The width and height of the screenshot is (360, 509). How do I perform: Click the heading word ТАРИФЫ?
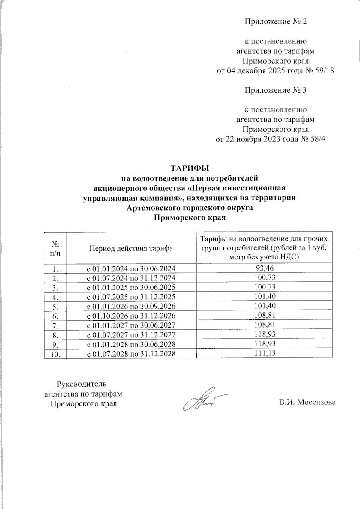pyautogui.click(x=189, y=168)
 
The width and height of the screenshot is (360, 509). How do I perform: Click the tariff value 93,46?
pyautogui.click(x=264, y=268)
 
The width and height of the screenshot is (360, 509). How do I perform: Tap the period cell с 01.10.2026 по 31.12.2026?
pyautogui.click(x=131, y=316)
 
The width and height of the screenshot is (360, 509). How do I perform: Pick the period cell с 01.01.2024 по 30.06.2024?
pyautogui.click(x=131, y=268)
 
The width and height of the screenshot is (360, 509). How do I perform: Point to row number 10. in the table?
pyautogui.click(x=55, y=354)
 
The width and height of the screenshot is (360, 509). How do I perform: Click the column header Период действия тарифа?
pyautogui.click(x=131, y=248)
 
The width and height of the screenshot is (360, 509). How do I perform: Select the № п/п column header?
pyautogui.click(x=55, y=248)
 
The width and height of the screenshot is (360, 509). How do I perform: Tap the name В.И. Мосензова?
pyautogui.click(x=307, y=402)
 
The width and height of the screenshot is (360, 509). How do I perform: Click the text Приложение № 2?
pyautogui.click(x=275, y=22)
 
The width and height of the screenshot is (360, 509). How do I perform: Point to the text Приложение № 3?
pyautogui.click(x=275, y=90)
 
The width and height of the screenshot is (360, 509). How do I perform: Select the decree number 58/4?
pyautogui.click(x=318, y=139)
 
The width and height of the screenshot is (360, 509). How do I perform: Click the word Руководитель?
pyautogui.click(x=81, y=384)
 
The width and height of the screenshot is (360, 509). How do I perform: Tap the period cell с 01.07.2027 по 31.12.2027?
pyautogui.click(x=131, y=334)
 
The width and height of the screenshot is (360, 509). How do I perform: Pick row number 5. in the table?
pyautogui.click(x=55, y=306)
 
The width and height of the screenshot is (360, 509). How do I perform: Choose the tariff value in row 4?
pyautogui.click(x=264, y=296)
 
